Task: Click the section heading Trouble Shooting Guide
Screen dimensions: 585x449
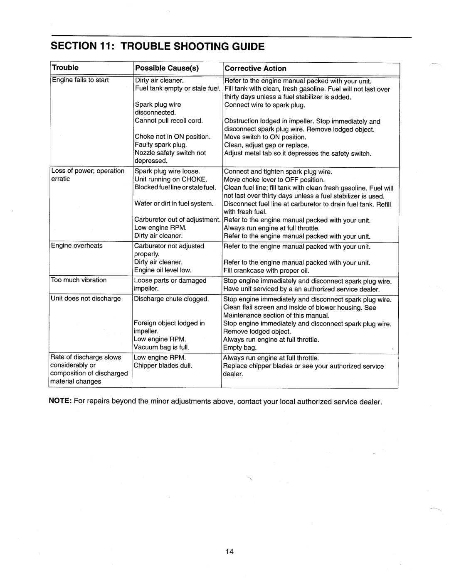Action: [157, 46]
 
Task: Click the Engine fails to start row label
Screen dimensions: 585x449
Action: [80, 80]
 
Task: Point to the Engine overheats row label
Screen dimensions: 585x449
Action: [76, 246]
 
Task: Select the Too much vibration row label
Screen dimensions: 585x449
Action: [79, 280]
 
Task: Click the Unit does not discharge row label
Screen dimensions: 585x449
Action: [86, 299]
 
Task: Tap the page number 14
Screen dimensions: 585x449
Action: [229, 551]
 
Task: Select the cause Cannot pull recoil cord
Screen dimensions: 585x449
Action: [168, 121]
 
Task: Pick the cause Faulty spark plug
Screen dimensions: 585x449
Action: [160, 145]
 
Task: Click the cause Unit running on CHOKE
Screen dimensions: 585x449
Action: [170, 179]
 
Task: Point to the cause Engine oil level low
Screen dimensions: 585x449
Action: [163, 270]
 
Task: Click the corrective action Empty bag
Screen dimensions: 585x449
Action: [240, 348]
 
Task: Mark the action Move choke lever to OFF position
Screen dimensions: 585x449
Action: [274, 180]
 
